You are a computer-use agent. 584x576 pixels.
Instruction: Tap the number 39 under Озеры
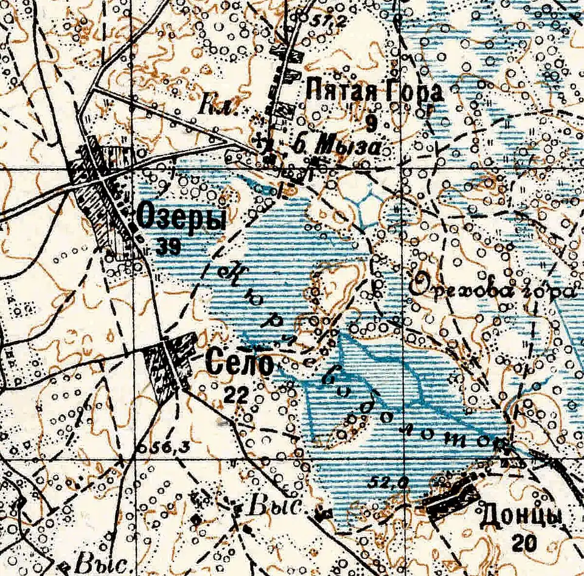(168, 246)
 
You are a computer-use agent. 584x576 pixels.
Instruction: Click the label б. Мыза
(338, 147)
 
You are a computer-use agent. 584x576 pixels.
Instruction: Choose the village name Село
(240, 365)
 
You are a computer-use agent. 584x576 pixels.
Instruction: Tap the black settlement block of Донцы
(453, 497)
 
